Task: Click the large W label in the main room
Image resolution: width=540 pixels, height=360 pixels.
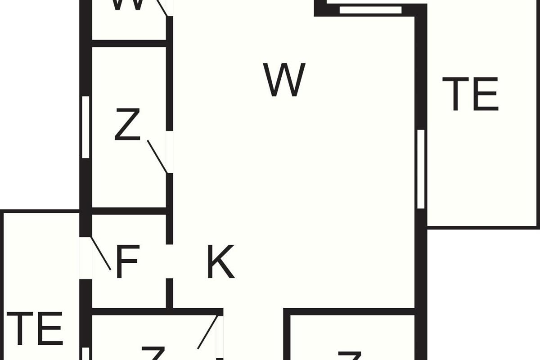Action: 285,80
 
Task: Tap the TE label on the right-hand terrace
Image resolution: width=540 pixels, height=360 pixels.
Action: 470,94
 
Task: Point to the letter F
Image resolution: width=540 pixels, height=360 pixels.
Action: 127,261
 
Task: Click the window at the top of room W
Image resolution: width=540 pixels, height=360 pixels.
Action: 370,10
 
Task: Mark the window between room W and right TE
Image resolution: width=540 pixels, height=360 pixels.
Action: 421,169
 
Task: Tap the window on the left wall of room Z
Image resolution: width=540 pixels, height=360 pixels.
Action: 85,127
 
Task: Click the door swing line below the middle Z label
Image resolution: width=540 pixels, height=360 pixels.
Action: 157,157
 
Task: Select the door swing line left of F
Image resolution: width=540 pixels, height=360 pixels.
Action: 101,253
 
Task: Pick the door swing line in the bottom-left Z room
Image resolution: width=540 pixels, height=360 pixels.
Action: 208,332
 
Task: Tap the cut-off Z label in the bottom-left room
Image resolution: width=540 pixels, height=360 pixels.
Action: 152,354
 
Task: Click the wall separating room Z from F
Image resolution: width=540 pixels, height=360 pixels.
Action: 130,211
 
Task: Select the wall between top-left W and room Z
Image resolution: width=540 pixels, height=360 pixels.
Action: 130,43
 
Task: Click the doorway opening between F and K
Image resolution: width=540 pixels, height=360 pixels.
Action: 170,261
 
